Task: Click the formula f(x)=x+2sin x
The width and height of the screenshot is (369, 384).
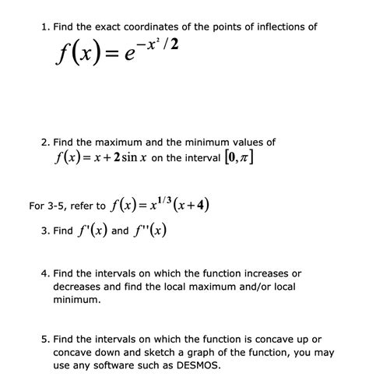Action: coord(124,160)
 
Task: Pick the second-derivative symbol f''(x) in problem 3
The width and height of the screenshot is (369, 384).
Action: coord(147,231)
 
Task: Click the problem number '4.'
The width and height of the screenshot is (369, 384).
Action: coord(45,274)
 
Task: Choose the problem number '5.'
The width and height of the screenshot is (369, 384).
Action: coord(45,340)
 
